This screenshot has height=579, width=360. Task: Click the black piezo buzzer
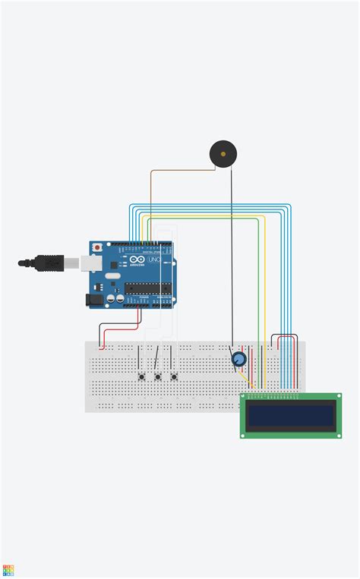(222, 154)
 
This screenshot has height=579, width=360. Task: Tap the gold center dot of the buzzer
(222, 154)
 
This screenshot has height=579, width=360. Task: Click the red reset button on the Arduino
(97, 247)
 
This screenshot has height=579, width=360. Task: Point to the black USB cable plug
(46, 263)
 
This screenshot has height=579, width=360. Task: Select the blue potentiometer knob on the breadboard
(238, 359)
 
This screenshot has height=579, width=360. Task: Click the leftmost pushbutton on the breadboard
(141, 376)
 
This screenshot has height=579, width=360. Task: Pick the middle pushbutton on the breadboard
(158, 376)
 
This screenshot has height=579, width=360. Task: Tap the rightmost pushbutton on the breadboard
(174, 376)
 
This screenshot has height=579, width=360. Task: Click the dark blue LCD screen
(291, 414)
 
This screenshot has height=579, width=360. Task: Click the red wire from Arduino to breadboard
(122, 329)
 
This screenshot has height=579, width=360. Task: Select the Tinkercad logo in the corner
(8, 571)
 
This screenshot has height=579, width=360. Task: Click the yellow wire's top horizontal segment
(205, 217)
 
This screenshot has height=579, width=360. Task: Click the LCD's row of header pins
(273, 395)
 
